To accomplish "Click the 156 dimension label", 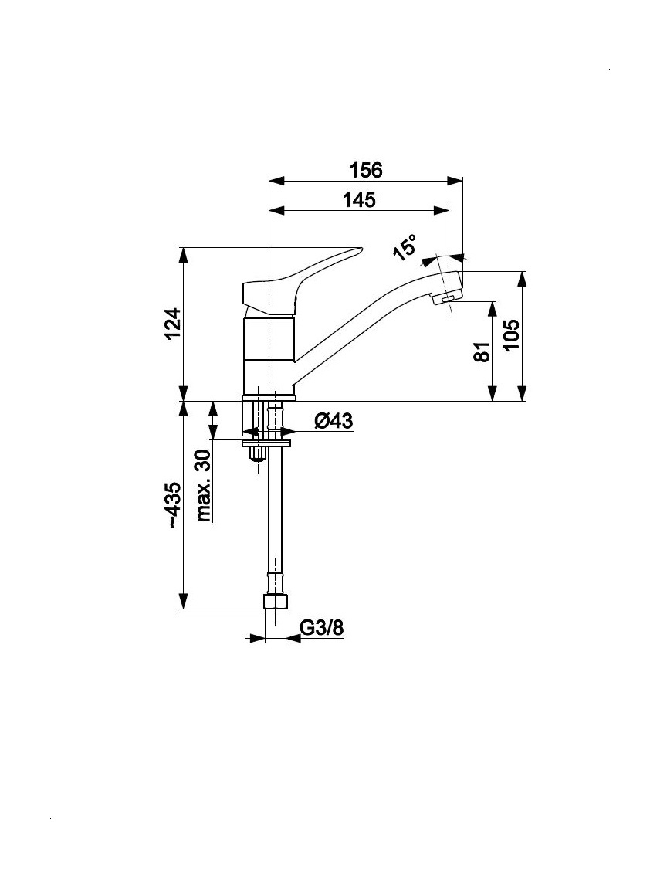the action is (366, 169).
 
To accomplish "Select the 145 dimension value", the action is (359, 199).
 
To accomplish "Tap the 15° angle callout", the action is (406, 247).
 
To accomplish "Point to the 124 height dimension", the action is (173, 324).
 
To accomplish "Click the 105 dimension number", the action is (512, 335).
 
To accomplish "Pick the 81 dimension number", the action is (482, 351).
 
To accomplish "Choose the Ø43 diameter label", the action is (333, 420).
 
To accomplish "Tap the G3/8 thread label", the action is (322, 628).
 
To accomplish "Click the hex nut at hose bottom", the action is (275, 603).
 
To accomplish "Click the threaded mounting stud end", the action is (259, 453).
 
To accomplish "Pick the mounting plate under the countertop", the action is (267, 443).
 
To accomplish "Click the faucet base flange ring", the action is (269, 398).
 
